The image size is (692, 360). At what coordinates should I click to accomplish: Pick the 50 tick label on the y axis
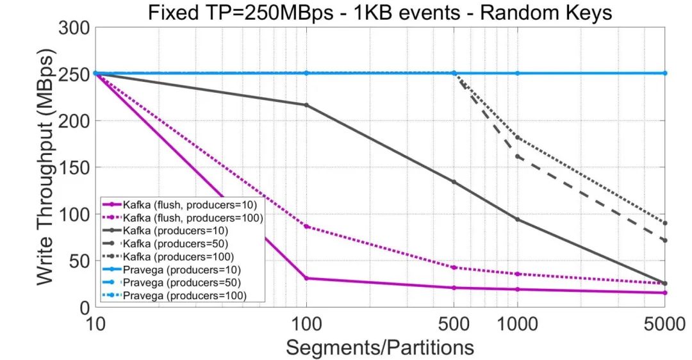pos(79,261)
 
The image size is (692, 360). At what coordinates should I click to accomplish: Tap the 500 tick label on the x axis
pos(454,323)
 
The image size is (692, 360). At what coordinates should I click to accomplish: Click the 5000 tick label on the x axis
pos(664,323)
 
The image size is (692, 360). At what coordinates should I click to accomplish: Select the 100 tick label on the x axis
pos(306,323)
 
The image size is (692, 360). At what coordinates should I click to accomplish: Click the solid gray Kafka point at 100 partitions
pos(306,105)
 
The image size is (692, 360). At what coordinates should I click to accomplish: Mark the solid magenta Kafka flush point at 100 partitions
pos(306,278)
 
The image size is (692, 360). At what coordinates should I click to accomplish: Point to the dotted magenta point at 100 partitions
pos(306,226)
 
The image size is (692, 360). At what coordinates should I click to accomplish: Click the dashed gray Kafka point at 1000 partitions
pos(518,156)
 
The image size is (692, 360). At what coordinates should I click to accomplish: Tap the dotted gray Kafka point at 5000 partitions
pos(665,223)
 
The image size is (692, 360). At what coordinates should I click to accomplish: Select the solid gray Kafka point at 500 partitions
pos(454,182)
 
